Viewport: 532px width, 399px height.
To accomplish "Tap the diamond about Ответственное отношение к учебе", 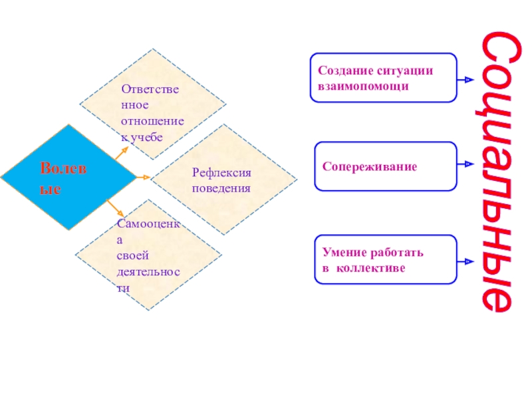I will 153,104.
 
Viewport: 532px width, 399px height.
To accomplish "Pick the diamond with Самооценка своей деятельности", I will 148,255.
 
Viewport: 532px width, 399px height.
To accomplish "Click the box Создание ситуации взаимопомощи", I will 383,78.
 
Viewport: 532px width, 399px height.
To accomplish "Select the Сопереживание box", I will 384,166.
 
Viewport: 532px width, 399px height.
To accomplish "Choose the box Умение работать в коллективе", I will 384,260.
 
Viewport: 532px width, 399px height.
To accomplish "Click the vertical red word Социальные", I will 495,172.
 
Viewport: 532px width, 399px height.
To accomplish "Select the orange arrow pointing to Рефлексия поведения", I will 142,178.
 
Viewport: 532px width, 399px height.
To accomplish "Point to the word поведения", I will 221,188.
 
